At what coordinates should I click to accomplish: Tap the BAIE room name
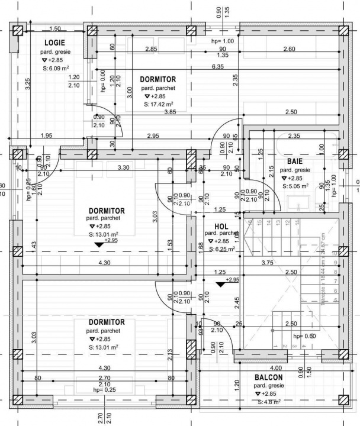295,160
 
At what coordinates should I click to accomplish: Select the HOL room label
221,226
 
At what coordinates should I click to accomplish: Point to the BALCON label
268,377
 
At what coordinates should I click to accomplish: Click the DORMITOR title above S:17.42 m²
158,79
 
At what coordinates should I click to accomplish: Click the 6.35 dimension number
218,67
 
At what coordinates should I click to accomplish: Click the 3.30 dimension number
123,168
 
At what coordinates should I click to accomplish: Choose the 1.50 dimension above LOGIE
55,28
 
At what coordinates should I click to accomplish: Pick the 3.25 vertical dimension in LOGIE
28,84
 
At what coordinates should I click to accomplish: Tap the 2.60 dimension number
289,49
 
